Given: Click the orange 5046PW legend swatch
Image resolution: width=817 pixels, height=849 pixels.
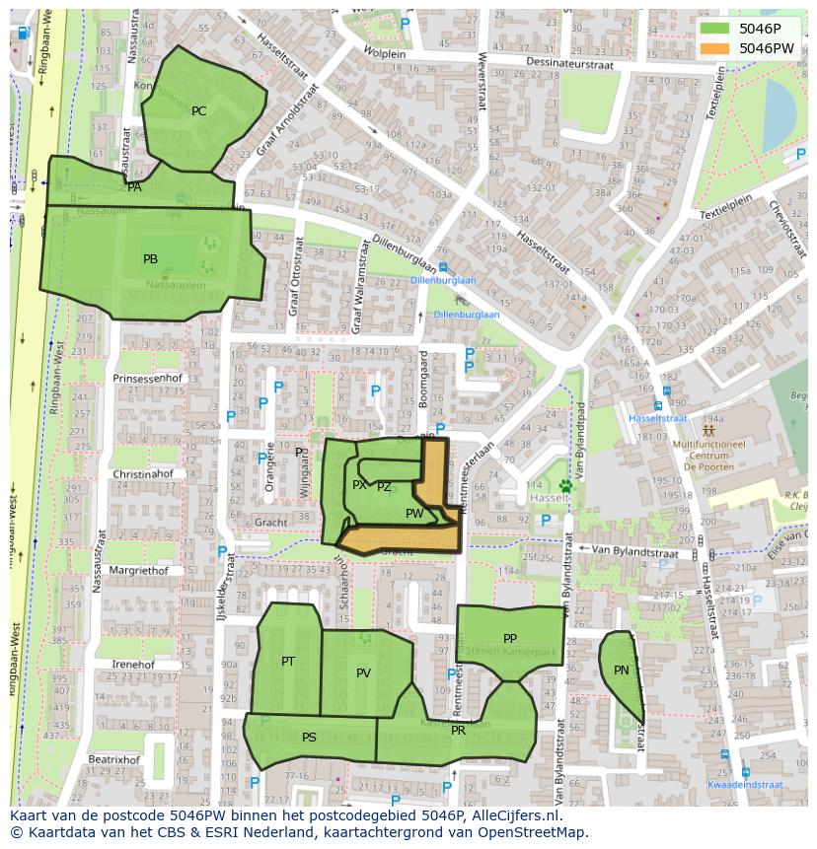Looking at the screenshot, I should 716,48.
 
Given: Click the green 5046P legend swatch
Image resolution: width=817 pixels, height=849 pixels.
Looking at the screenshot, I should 716,28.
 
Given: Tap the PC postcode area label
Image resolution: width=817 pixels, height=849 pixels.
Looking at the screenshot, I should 198,111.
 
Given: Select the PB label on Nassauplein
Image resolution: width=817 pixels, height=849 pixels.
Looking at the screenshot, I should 150,259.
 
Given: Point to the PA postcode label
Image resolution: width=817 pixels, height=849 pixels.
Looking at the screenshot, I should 134,186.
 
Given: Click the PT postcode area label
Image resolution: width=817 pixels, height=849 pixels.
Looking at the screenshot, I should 288,662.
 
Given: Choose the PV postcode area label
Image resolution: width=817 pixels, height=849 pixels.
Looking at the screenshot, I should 363,673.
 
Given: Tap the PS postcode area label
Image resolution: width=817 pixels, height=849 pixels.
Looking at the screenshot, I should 309,738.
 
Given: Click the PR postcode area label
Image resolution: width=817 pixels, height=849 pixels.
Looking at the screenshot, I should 458,731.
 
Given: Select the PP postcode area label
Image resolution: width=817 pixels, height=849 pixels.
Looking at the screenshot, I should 510,639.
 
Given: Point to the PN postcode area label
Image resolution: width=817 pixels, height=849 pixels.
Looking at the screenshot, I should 621,671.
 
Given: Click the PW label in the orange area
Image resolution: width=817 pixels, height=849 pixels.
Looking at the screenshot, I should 414,514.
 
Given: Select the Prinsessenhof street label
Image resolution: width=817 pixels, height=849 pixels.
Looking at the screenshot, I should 148,378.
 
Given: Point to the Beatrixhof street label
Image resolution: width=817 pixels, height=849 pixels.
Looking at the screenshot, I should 113,760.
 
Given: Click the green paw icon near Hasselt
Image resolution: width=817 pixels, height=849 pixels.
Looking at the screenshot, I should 565,485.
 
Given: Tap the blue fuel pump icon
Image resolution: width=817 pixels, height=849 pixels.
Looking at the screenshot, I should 24,33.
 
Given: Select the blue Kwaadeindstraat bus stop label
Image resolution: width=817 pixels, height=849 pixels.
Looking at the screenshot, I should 744,785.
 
